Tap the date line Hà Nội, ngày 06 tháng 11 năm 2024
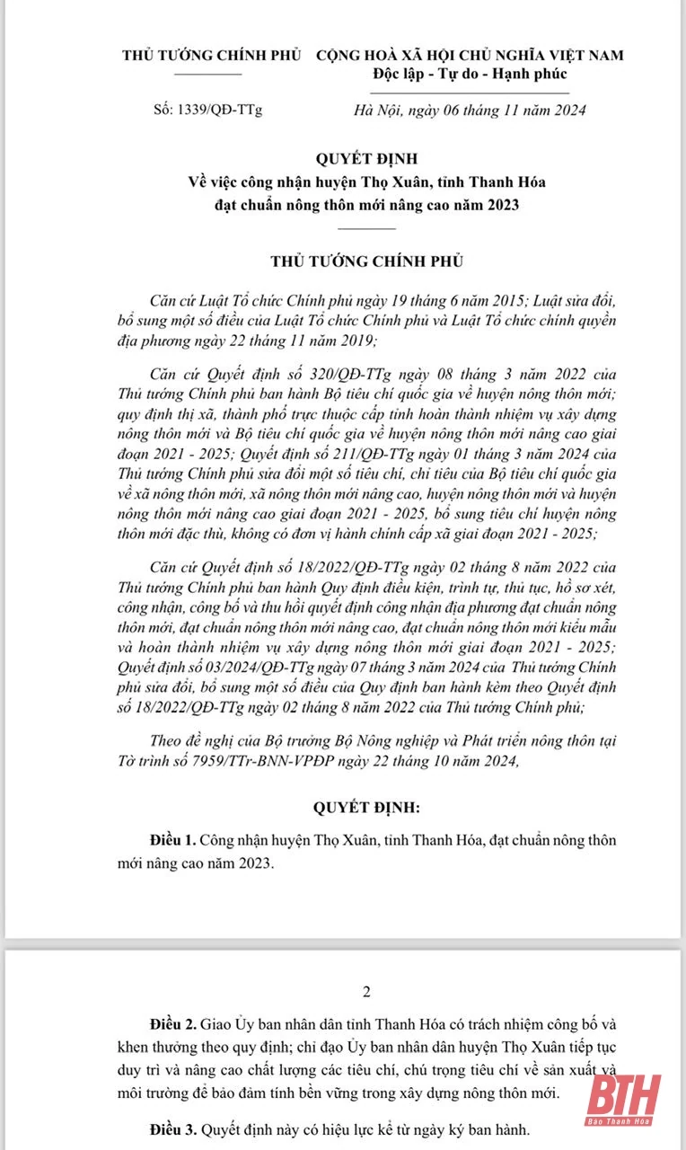click(471, 111)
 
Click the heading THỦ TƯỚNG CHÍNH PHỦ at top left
click(211, 56)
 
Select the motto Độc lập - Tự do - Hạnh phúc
click(471, 74)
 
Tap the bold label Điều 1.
click(172, 841)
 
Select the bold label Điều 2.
click(172, 1025)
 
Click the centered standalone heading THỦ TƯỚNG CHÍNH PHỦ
click(367, 261)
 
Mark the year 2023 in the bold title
click(503, 205)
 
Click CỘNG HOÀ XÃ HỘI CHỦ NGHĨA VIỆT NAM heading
click(470, 56)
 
